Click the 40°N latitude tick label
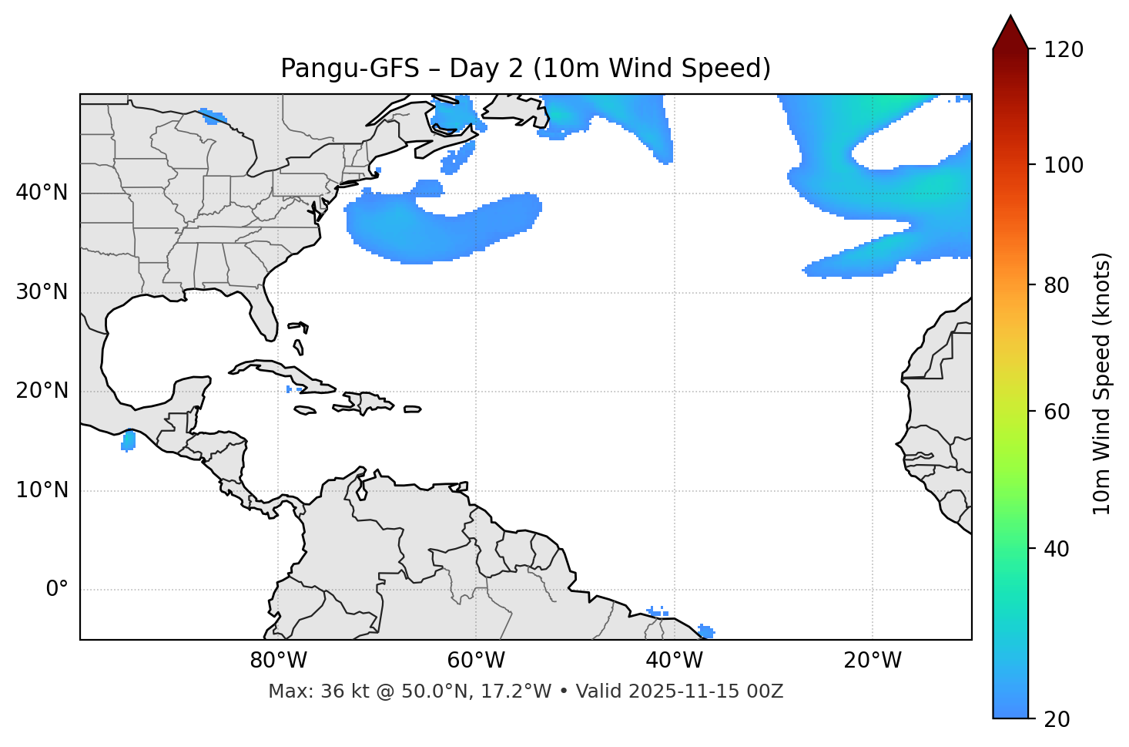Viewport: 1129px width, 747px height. pos(42,193)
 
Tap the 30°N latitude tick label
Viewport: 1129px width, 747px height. pos(42,292)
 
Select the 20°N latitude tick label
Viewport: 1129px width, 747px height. pos(42,391)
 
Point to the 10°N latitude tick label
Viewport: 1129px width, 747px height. pos(42,490)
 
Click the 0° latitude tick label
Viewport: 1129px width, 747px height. pos(57,590)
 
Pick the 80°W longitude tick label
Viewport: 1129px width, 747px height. pos(278,661)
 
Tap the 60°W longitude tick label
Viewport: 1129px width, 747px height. pos(476,661)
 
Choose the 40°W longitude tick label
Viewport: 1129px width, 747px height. pos(674,661)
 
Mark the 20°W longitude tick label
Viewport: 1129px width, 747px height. pos(872,661)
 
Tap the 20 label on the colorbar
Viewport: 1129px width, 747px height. pos(1057,719)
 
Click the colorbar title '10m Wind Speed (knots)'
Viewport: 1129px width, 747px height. pos(1102,383)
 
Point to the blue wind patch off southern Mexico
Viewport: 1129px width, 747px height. pos(129,441)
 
